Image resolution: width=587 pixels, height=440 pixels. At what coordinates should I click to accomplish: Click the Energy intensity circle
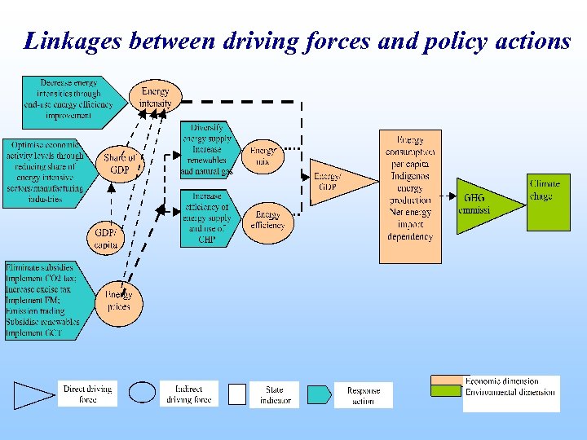click(x=155, y=98)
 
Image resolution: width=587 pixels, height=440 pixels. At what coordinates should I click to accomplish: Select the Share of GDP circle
click(x=119, y=164)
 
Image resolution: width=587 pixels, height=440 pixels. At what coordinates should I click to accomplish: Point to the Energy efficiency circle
click(x=267, y=219)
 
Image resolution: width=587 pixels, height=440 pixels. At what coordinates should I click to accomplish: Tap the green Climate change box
click(x=547, y=201)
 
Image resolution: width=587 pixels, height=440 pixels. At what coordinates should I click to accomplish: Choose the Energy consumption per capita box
click(x=410, y=196)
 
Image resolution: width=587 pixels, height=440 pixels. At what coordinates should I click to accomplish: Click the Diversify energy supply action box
click(x=205, y=150)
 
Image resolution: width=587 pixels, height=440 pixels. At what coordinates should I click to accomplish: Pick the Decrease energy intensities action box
click(x=71, y=99)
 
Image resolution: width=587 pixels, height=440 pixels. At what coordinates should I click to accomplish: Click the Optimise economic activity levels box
click(x=47, y=172)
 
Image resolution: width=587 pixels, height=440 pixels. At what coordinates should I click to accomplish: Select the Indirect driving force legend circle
click(x=142, y=393)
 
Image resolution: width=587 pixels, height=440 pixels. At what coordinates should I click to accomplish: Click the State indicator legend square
click(x=236, y=394)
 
